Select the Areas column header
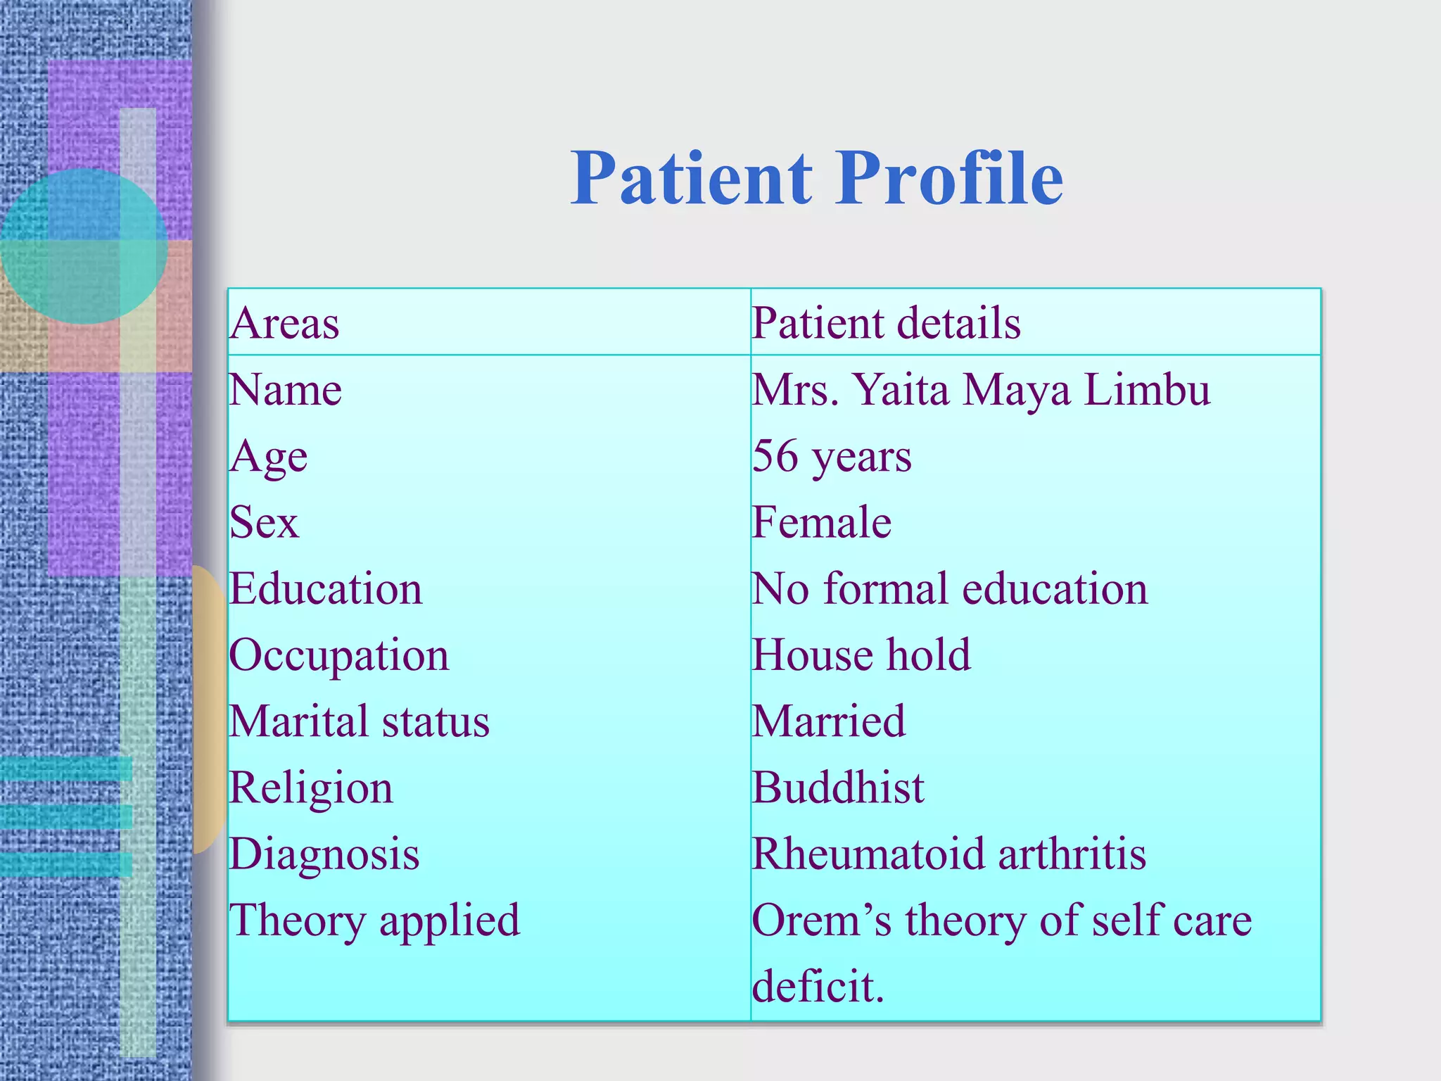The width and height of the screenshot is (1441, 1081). coord(285,324)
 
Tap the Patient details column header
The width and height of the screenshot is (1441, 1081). coord(886,324)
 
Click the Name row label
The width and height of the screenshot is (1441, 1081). coord(286,390)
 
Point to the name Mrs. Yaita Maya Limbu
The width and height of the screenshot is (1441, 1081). coord(981,390)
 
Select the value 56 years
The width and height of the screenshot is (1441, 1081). coord(832,456)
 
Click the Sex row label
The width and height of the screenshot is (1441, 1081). coord(265,523)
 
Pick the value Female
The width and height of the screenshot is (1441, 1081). coord(821,523)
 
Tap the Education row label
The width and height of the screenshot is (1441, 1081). coord(326,589)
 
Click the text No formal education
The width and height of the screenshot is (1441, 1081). coord(949,589)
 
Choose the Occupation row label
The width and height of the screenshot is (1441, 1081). coord(339,655)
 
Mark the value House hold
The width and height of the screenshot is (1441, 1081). coord(861,655)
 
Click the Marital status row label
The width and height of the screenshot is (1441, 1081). coord(360,721)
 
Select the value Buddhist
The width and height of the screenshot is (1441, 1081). coord(837,788)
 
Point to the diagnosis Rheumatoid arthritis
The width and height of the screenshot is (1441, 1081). coord(948,854)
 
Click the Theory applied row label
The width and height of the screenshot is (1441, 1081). coord(374,920)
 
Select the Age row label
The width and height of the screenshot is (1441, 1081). coord(269,457)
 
